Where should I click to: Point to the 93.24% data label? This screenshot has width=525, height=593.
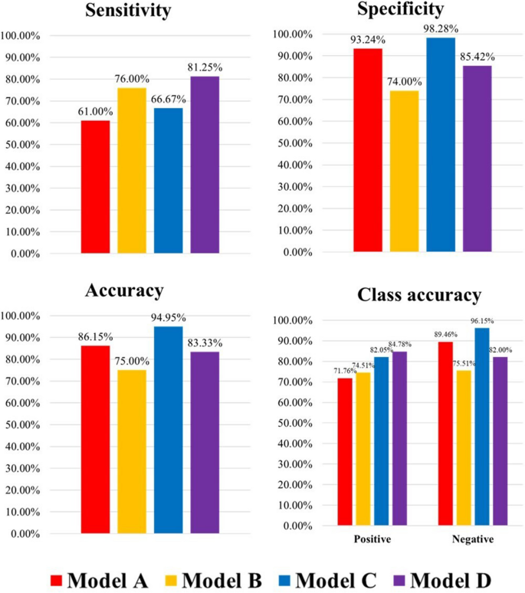click(x=368, y=40)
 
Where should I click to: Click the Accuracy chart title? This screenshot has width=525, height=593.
click(x=125, y=290)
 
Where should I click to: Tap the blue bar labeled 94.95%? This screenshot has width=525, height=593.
click(x=169, y=429)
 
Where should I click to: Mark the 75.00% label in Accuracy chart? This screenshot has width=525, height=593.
click(x=132, y=361)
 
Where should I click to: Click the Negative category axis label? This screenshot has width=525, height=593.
click(x=472, y=539)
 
